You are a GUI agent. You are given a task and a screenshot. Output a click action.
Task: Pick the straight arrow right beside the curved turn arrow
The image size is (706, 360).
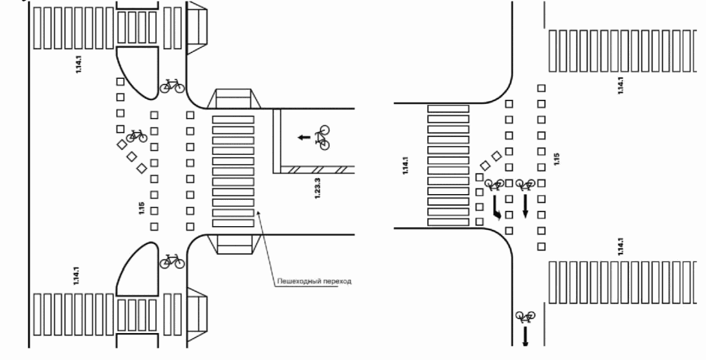(525, 206)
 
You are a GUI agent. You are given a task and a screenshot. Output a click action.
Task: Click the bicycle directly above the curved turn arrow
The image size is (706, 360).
(494, 186)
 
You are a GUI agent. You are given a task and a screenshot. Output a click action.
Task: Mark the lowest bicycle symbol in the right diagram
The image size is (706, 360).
(525, 316)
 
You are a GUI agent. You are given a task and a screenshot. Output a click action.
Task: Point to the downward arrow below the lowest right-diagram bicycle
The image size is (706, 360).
(525, 337)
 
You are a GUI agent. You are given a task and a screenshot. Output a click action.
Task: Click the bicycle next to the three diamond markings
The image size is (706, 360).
(136, 135)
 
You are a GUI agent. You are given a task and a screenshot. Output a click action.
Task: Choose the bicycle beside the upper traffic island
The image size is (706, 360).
(171, 85)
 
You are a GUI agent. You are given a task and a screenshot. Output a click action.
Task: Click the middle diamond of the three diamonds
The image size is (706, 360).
(132, 156)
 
